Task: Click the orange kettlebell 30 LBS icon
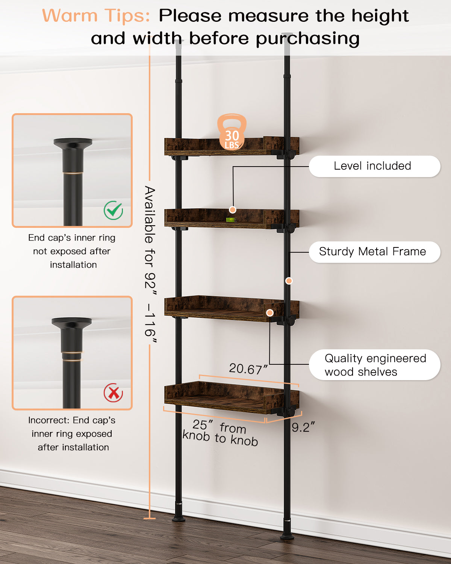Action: click(232, 132)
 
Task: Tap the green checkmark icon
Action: click(114, 210)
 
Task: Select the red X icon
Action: click(113, 393)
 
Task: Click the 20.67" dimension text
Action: click(248, 369)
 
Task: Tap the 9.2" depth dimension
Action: click(303, 427)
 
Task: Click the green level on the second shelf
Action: click(231, 220)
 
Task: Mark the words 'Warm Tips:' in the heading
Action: click(96, 15)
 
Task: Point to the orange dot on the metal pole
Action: click(289, 281)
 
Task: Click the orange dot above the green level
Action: click(232, 210)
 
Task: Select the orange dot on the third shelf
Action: click(269, 313)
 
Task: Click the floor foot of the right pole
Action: click(287, 535)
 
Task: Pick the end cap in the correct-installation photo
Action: click(73, 155)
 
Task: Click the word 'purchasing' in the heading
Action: click(308, 39)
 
